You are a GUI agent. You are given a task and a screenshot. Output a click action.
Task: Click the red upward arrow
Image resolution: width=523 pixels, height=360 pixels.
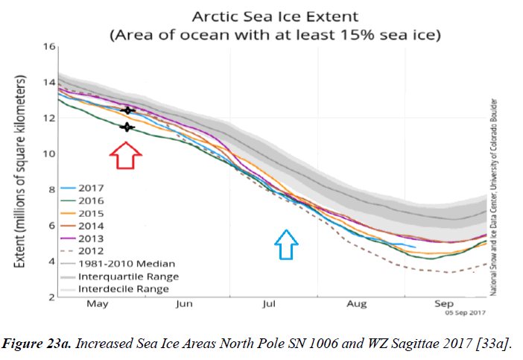(126, 157)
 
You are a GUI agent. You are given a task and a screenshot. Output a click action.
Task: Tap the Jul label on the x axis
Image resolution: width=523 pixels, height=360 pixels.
(270, 304)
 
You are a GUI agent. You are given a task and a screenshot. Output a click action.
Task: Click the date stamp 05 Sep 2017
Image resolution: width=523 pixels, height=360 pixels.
(467, 313)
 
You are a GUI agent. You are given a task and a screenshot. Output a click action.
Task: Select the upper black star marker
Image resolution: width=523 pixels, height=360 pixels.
(128, 110)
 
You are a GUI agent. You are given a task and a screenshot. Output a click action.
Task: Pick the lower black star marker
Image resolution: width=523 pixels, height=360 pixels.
(126, 127)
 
